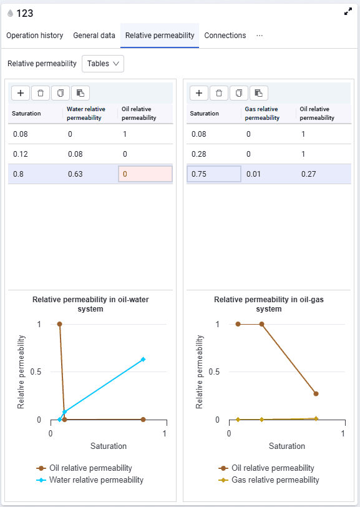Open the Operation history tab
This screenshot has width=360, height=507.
[34, 36]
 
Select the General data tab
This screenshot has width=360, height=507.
[94, 36]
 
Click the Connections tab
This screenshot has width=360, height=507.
[225, 36]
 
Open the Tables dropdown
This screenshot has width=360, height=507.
[103, 64]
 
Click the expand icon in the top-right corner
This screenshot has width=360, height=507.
[348, 12]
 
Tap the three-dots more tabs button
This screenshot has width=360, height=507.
[260, 36]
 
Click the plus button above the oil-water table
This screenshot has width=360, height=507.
[21, 93]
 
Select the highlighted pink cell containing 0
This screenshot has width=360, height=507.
[145, 174]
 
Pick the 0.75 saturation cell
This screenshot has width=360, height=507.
[213, 174]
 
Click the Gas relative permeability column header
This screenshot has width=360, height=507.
[262, 114]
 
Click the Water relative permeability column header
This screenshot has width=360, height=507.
[86, 114]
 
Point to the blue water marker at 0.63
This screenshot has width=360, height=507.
[143, 359]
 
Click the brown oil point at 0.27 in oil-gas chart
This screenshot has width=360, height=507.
[316, 394]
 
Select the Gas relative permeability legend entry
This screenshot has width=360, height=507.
[269, 480]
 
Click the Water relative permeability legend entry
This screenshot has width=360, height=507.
[90, 480]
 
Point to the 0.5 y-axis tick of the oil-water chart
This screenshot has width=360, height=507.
[36, 372]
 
